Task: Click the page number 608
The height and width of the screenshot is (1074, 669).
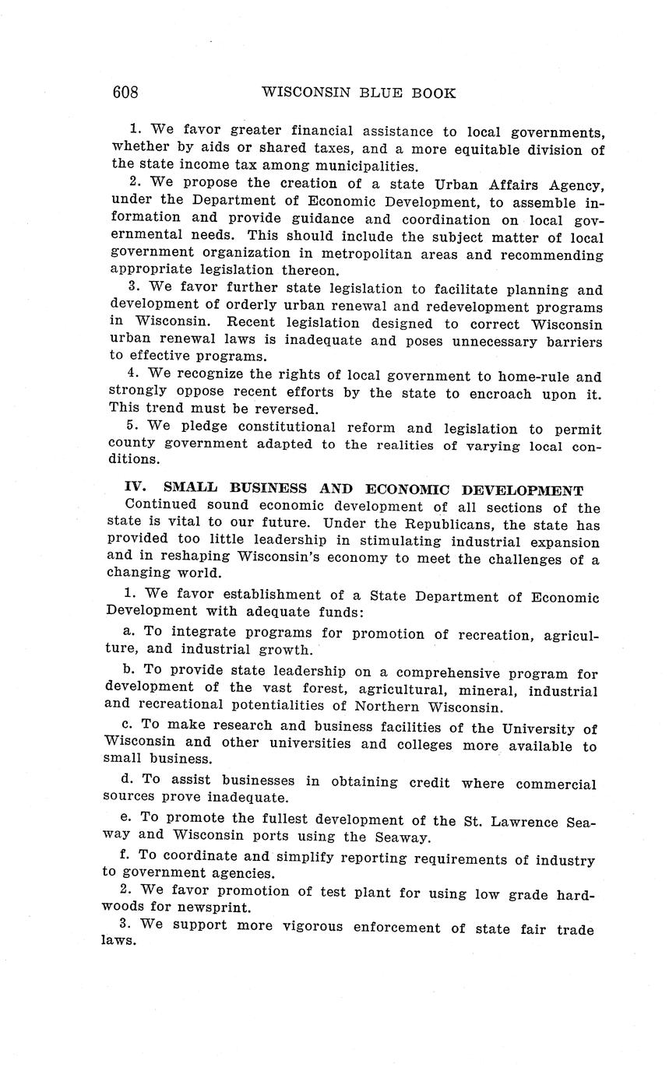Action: click(125, 93)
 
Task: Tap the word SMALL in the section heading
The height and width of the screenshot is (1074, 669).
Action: click(185, 489)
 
